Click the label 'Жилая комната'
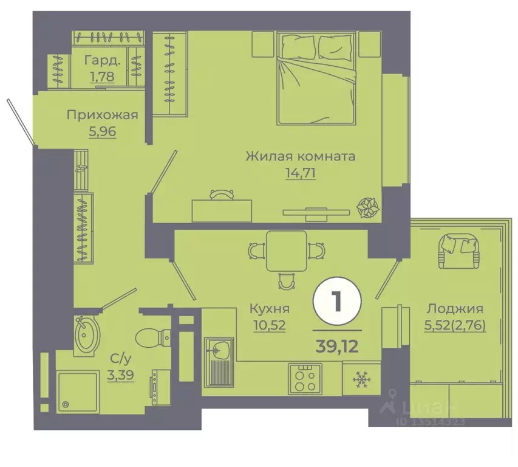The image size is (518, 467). coord(300,156)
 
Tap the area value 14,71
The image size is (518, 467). coord(301,173)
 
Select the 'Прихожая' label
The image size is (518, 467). coord(102,115)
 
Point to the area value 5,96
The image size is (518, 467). coord(102,131)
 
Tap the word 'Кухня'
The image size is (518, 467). coord(268,308)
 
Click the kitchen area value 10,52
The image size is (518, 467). coord(268,323)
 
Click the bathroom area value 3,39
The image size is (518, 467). coord(121,365)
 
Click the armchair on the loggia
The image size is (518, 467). coord(459,249)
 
